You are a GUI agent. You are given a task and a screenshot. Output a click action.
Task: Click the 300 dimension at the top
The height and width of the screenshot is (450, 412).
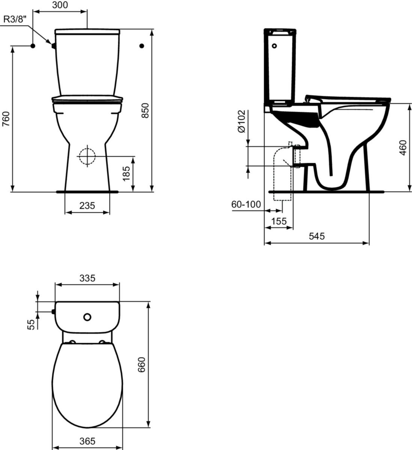(60, 5)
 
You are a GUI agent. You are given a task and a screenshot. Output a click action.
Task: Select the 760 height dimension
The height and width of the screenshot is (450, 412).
(6, 119)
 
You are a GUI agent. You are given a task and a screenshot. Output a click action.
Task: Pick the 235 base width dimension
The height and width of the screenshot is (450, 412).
(87, 205)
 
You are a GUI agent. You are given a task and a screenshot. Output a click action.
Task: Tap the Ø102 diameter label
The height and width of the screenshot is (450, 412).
(241, 121)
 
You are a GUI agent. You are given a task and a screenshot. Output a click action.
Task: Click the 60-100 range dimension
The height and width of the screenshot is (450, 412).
(246, 204)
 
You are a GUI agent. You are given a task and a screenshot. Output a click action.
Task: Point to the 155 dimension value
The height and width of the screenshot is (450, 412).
(279, 221)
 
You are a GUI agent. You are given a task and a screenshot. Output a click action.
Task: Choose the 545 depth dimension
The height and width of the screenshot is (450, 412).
(316, 236)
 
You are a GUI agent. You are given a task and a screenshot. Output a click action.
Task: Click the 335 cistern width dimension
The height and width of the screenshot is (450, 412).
(87, 278)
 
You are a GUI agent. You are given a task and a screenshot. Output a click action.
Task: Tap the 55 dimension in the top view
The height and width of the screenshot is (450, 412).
(32, 324)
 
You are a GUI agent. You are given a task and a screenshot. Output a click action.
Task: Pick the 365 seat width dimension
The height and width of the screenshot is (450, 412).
(87, 441)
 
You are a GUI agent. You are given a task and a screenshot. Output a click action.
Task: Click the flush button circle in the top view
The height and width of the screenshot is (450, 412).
(87, 317)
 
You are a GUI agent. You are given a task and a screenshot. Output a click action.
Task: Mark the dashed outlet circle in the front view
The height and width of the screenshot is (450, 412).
(87, 155)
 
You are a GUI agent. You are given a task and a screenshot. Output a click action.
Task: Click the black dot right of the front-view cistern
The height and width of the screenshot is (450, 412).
(141, 46)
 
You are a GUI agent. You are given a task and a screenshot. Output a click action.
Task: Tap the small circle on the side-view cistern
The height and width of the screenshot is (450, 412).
(274, 46)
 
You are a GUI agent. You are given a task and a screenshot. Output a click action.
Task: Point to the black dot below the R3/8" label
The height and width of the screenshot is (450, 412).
(33, 46)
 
